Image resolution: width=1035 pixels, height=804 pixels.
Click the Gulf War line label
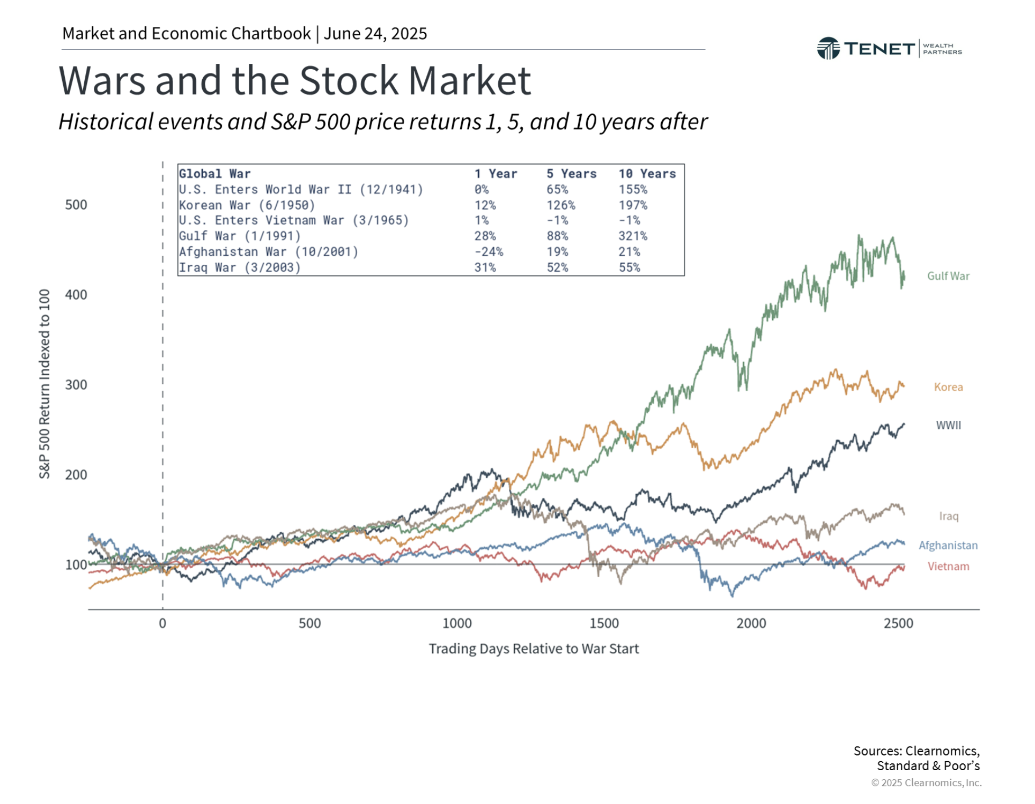pyautogui.click(x=948, y=276)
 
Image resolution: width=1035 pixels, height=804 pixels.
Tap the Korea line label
pyautogui.click(x=948, y=387)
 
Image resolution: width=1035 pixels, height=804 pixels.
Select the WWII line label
pyautogui.click(x=948, y=425)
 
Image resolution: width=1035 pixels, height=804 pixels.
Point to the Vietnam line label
pyautogui.click(x=948, y=566)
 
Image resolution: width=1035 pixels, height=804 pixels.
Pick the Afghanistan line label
pyautogui.click(x=948, y=545)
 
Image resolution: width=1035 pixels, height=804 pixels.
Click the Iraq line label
pyautogui.click(x=948, y=516)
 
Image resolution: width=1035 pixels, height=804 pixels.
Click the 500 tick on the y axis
pyautogui.click(x=76, y=205)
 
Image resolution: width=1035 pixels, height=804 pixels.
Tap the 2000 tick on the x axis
pyautogui.click(x=751, y=623)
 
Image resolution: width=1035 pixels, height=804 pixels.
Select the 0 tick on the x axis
pyautogui.click(x=162, y=623)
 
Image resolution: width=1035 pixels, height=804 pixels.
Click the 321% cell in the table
pyautogui.click(x=633, y=236)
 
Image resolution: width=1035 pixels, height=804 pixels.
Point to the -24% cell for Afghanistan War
pyautogui.click(x=488, y=251)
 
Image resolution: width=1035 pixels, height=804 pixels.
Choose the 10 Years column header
pyautogui.click(x=647, y=174)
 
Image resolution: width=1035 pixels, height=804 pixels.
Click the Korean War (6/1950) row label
pyautogui.click(x=247, y=205)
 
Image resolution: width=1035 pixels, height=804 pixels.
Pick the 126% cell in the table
pyautogui.click(x=560, y=205)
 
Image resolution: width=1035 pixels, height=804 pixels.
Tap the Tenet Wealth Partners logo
pyautogui.click(x=889, y=48)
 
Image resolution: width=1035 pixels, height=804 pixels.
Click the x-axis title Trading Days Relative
pyautogui.click(x=534, y=649)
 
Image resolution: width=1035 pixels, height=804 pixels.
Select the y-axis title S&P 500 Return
pyautogui.click(x=45, y=384)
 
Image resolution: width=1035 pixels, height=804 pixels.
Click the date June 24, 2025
pyautogui.click(x=375, y=33)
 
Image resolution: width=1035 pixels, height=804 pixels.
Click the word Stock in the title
pyautogui.click(x=349, y=80)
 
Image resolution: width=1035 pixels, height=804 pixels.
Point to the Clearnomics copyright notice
pyautogui.click(x=926, y=783)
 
